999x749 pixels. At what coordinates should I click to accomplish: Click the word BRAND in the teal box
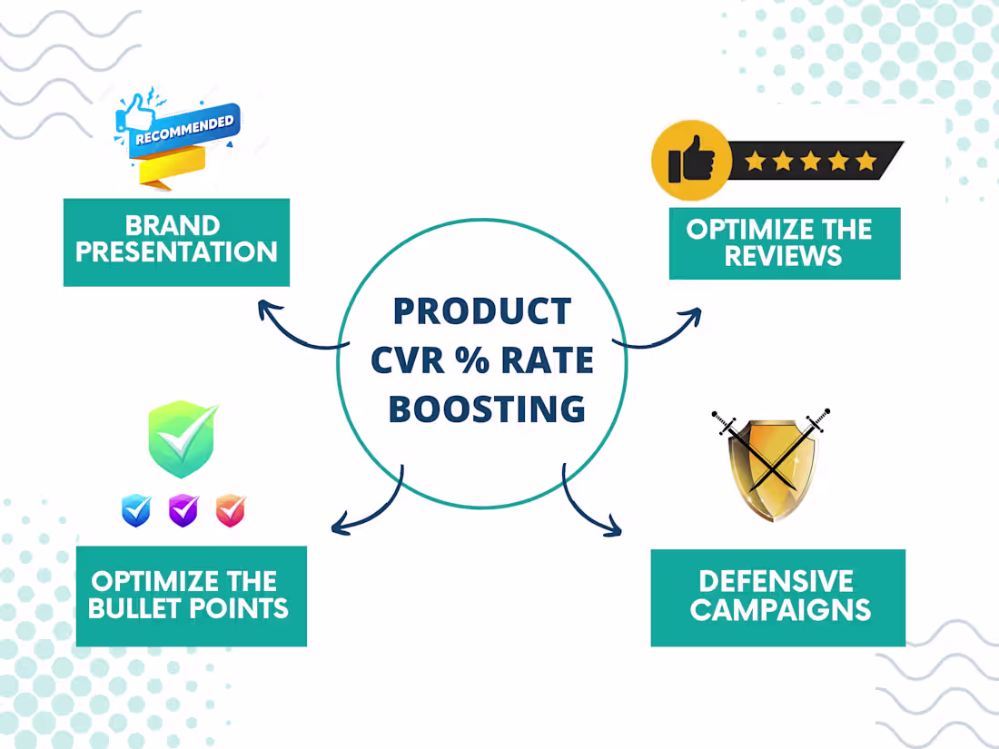(173, 225)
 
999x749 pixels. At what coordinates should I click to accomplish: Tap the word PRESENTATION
(176, 252)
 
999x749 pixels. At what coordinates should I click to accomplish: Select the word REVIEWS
(783, 256)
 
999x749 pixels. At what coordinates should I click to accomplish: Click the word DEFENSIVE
(776, 581)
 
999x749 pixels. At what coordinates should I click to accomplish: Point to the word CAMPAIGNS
(780, 609)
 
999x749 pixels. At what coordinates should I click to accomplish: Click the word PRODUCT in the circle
(482, 310)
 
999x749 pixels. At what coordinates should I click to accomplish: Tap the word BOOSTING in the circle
(488, 409)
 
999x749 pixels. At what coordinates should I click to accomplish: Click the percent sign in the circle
(472, 360)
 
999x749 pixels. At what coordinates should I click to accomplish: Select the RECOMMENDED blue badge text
(184, 129)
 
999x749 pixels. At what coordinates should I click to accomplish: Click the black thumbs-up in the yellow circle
(690, 159)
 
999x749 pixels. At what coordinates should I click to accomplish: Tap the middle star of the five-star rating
(811, 161)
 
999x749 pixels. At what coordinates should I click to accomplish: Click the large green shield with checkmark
(183, 439)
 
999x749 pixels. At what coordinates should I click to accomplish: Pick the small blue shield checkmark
(136, 510)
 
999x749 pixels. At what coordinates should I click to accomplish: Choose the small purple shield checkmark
(183, 510)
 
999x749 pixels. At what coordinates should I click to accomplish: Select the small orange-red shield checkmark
(231, 510)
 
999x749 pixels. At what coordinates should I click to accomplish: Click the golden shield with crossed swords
(772, 467)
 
